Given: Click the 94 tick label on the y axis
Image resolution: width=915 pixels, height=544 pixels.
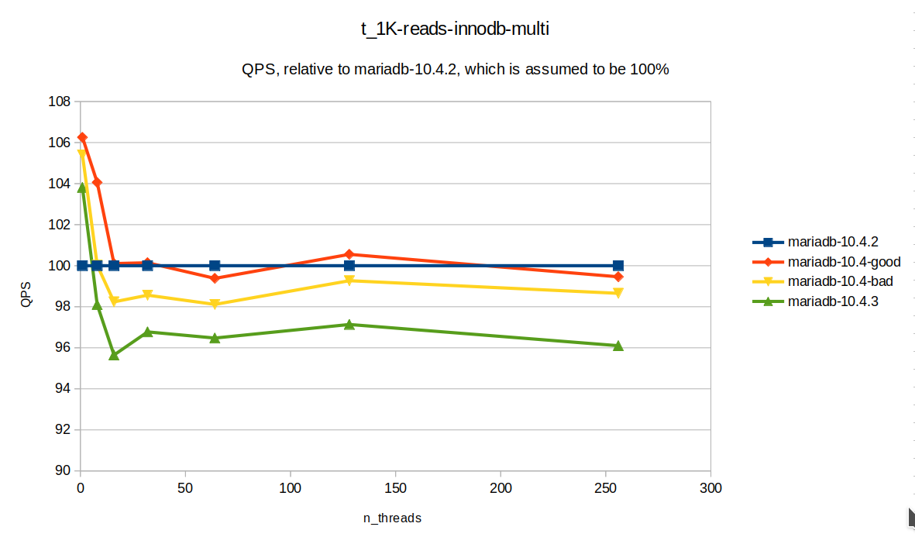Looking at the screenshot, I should coord(64,388).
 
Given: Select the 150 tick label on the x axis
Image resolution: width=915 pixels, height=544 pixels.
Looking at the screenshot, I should coord(395,488).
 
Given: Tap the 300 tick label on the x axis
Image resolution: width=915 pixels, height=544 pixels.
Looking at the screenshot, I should coord(710,488).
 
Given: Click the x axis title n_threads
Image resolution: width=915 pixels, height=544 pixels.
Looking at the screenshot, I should coord(392,518).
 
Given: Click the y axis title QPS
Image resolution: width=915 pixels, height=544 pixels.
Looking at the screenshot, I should coord(27,286).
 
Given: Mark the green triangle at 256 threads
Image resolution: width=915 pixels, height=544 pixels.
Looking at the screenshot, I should coord(618,346).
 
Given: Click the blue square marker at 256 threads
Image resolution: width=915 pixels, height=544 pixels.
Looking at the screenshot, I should coord(618,266).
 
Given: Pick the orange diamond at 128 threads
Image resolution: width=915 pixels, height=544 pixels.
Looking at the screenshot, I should coord(349,254).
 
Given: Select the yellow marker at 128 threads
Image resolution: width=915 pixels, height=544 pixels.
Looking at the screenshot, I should coord(349,281).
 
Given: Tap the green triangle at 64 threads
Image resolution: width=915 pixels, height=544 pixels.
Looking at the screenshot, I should coord(215,338).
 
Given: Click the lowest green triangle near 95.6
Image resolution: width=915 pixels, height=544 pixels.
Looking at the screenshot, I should coord(114,355).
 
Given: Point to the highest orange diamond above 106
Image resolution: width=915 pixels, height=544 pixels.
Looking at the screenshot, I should coord(82,137).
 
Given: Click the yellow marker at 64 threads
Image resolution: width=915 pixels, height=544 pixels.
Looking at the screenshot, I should coord(215,305).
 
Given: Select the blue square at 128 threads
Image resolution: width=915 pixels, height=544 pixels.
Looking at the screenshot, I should coord(349,266).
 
